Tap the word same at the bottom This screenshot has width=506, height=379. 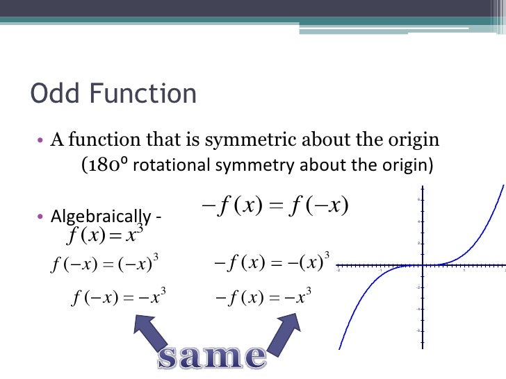pos(212,356)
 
